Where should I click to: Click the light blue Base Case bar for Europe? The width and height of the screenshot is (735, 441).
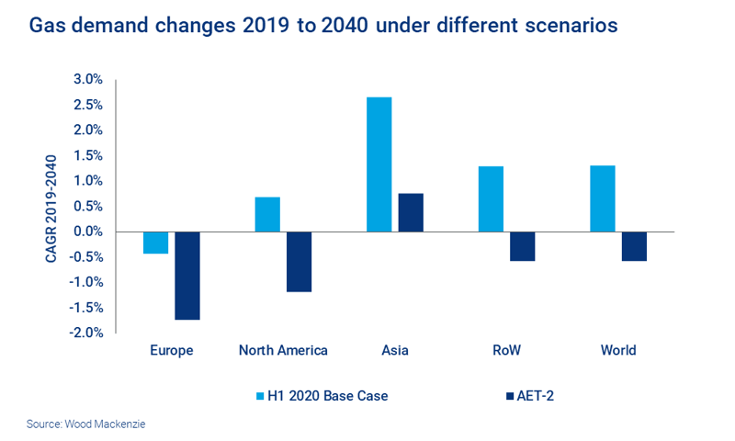pos(155,243)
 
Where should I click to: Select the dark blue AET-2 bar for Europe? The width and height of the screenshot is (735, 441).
pos(187,276)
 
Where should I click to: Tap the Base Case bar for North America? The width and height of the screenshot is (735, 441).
pos(267,214)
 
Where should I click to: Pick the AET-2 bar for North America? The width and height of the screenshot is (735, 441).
pos(299,262)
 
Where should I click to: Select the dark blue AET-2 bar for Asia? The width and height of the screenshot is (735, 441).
pos(411,212)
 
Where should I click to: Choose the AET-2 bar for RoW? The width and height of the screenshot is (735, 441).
pos(522,246)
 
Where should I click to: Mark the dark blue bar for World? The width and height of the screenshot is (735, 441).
pos(634,246)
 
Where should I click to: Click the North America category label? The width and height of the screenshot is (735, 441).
pos(283,350)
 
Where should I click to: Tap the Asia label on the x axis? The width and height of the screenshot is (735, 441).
pos(394,350)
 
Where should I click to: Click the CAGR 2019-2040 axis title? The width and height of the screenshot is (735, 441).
pos(51,206)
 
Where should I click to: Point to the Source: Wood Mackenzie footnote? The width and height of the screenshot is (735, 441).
pos(80,424)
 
